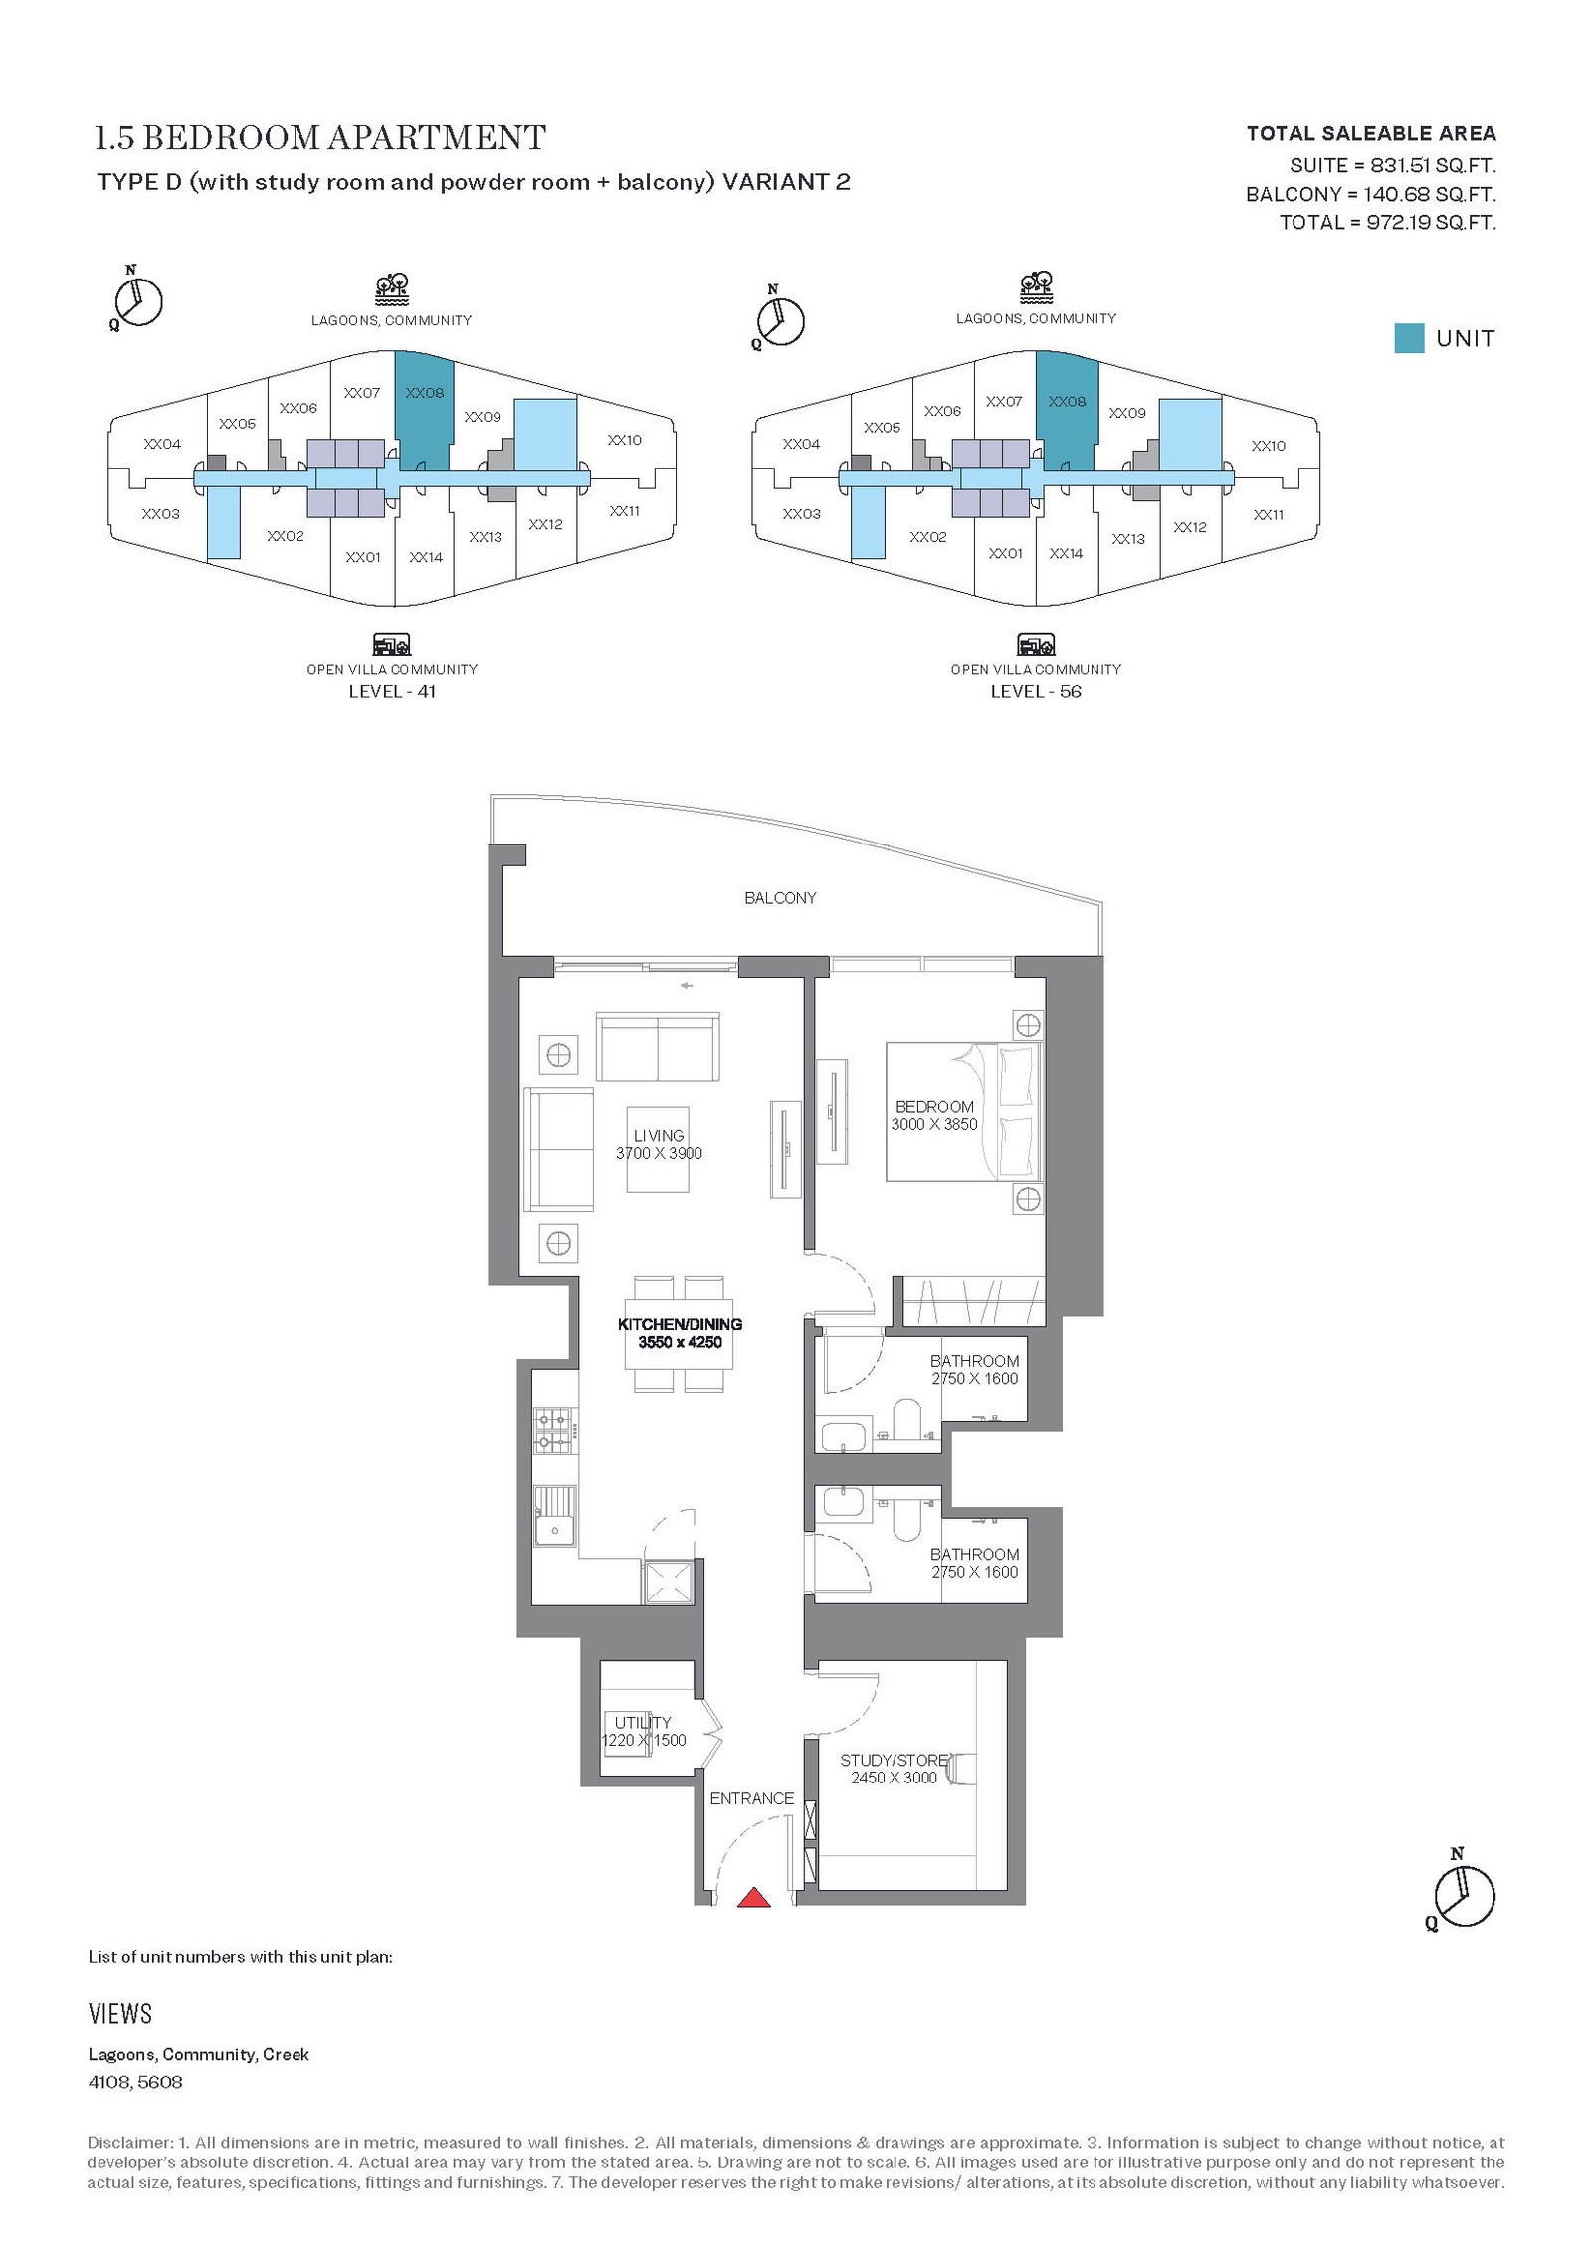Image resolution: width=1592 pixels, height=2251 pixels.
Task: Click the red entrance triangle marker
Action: click(x=754, y=1898)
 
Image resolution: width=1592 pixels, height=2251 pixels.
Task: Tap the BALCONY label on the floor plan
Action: click(x=780, y=898)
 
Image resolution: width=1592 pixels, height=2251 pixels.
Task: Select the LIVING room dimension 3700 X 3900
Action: click(x=659, y=1153)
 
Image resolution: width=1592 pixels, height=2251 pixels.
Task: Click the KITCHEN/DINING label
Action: click(x=681, y=1324)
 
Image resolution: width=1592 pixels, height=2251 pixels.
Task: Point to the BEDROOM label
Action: click(x=934, y=1107)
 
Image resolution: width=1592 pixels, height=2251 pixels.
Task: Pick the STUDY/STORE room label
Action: click(x=894, y=1760)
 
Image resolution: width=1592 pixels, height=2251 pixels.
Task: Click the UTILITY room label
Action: click(x=643, y=1722)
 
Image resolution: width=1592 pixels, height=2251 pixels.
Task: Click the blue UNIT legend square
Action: click(x=1409, y=338)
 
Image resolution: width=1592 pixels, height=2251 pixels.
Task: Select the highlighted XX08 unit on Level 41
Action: click(x=425, y=410)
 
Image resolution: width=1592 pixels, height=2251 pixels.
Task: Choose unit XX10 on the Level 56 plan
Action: click(x=1269, y=446)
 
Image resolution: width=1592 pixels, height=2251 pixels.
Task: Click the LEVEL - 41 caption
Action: click(x=392, y=691)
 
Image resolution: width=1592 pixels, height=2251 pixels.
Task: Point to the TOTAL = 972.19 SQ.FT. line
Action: click(x=1388, y=222)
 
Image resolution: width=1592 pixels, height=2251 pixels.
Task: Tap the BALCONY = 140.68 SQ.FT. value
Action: click(x=1371, y=194)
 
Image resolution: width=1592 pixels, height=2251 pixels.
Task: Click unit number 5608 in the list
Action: click(x=160, y=2081)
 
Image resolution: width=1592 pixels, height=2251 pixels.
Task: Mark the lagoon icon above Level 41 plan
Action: click(x=392, y=289)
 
